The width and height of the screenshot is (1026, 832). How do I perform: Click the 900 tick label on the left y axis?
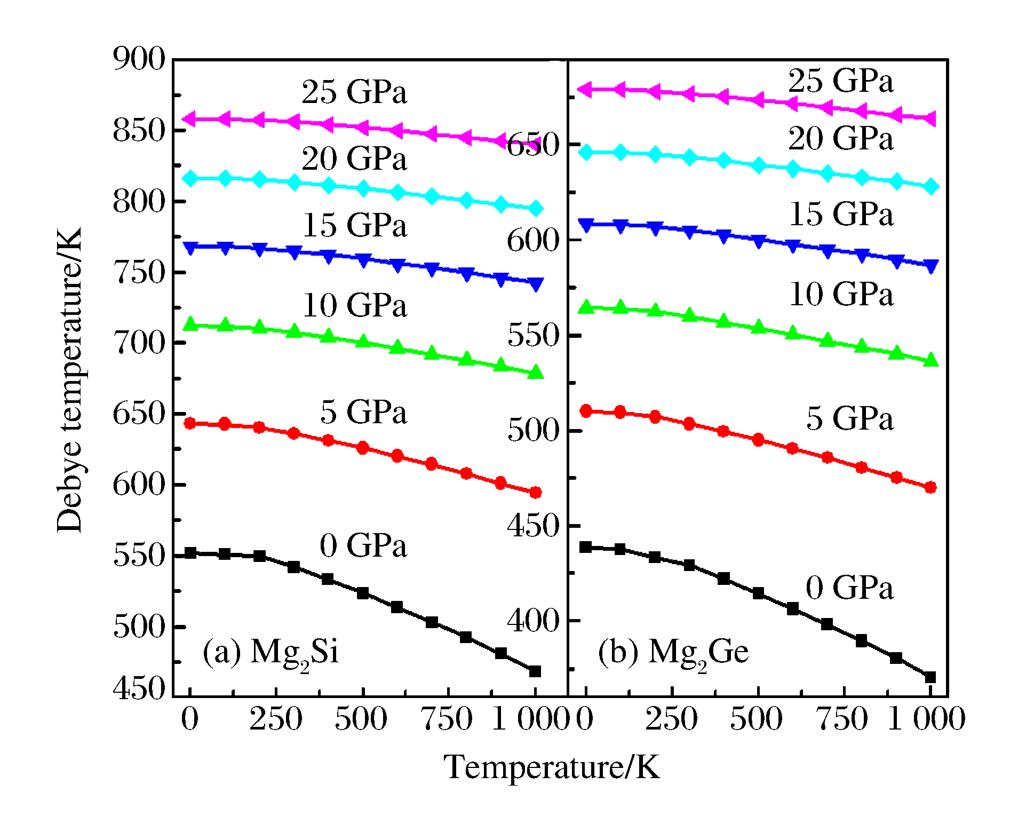coord(139,59)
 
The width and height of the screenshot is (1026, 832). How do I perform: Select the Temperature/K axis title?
coord(552,767)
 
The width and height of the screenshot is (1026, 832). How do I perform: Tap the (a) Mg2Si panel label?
coord(271,652)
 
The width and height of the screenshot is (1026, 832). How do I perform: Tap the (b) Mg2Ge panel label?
coord(673,652)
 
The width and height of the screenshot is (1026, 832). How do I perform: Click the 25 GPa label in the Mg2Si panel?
coord(354,92)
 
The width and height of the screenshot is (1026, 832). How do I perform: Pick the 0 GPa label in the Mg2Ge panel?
coord(849,588)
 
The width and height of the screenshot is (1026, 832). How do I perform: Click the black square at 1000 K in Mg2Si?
coord(535,671)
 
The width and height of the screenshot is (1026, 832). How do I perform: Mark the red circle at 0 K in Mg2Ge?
coord(586,411)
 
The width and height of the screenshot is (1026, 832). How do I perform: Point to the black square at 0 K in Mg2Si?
coord(190,553)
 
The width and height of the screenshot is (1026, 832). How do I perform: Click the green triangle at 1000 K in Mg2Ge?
coord(930,360)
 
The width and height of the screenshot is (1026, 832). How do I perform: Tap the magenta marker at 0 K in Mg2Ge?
coord(585,89)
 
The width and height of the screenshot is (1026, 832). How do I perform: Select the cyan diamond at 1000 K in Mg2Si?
coord(535,209)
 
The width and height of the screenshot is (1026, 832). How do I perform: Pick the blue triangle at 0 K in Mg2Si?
coord(190,247)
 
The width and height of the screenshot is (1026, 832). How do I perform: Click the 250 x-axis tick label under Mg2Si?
coord(276,719)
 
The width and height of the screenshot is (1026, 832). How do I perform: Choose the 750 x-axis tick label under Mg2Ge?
coord(843,719)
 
